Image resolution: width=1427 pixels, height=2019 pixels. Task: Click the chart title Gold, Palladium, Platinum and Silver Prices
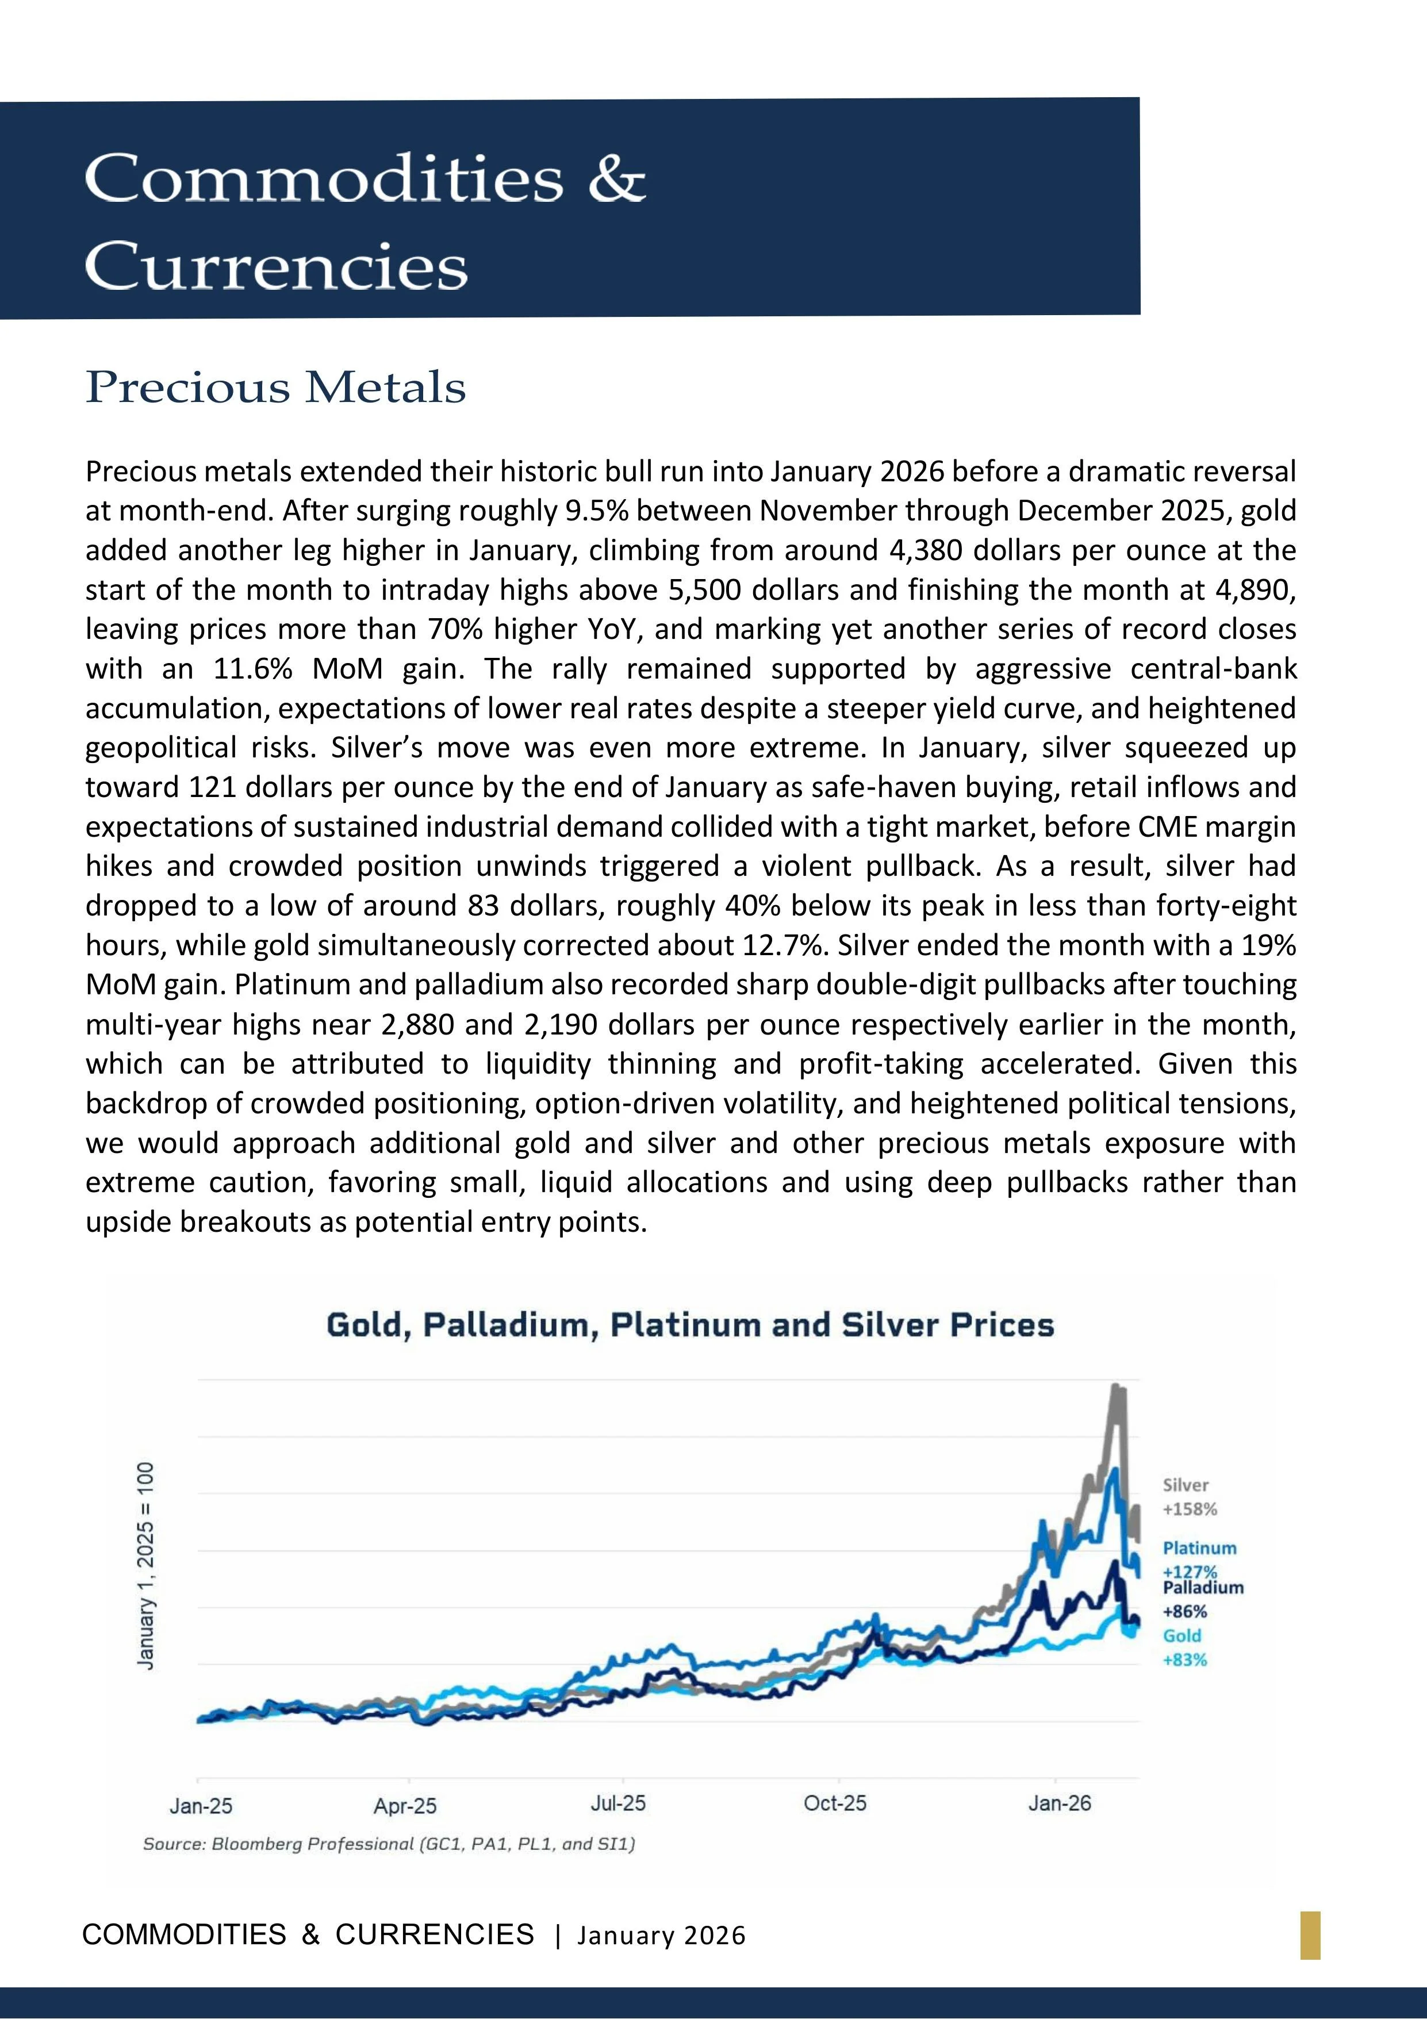[x=689, y=1324]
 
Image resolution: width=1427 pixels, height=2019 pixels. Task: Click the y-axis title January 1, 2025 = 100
[x=146, y=1565]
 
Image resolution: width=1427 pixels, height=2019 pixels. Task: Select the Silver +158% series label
[x=1189, y=1497]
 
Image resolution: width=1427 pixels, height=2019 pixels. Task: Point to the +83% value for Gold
[x=1184, y=1660]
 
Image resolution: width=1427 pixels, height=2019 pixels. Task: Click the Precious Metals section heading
[x=275, y=387]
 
